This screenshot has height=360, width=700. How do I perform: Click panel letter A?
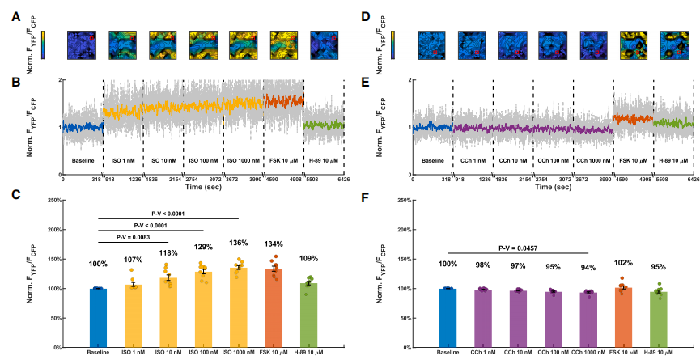(x=15, y=15)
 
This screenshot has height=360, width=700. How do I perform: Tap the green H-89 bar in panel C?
(x=308, y=316)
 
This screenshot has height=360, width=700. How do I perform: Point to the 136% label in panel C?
(x=238, y=243)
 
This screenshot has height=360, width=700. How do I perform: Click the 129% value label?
(x=203, y=247)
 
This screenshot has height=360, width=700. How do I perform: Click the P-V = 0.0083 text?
(x=134, y=237)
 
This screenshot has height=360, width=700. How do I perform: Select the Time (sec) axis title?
(x=203, y=186)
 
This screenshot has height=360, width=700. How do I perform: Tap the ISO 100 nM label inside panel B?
(x=203, y=160)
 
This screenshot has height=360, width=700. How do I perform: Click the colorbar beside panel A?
(x=43, y=45)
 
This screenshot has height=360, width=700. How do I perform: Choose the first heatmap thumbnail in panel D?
(x=431, y=45)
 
